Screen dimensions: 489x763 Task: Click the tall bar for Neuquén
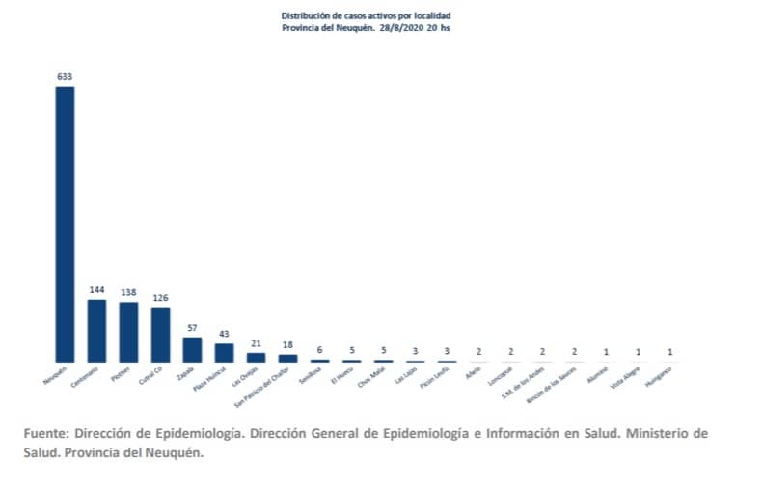[x=65, y=224]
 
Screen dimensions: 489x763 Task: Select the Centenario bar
[x=96, y=331]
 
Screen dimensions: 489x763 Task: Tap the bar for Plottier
[x=128, y=332]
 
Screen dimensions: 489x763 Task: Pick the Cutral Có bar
[x=160, y=335]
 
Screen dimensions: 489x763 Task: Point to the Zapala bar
[x=192, y=349]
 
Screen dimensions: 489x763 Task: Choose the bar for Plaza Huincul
[x=224, y=352]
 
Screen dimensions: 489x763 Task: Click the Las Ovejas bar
[x=256, y=357]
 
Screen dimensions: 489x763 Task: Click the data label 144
[x=96, y=290]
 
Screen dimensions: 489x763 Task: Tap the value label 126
[x=160, y=297]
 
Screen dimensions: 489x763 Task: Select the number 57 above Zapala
[x=192, y=328]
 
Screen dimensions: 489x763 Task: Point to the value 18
[x=287, y=344]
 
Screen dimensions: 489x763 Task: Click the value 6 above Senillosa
[x=319, y=350]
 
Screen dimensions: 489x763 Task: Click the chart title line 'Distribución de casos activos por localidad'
[x=365, y=16]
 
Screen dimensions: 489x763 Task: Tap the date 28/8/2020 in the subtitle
[x=398, y=28]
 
